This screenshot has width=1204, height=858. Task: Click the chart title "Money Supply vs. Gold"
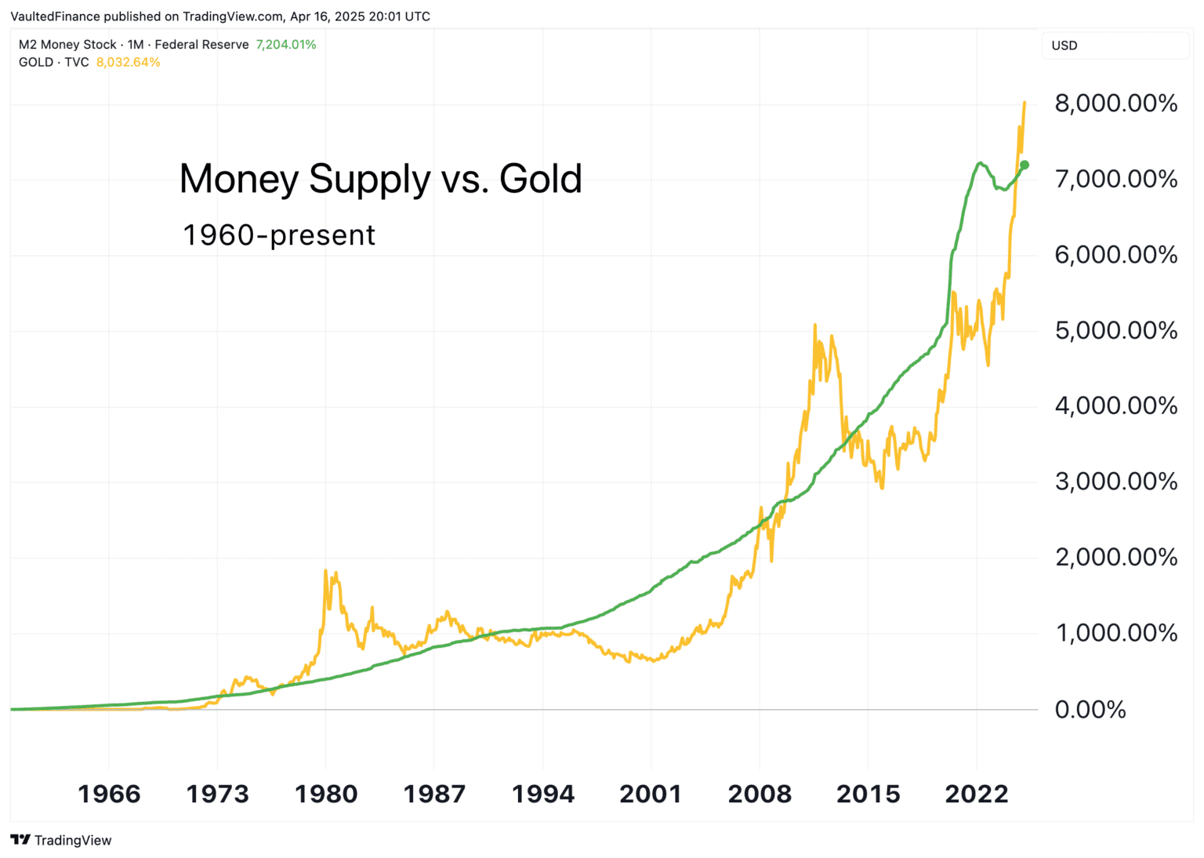380,179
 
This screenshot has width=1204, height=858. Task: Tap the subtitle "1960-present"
279,235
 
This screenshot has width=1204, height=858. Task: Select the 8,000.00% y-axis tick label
1115,104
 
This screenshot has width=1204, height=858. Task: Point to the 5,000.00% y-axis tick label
1115,330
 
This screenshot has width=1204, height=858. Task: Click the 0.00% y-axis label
1090,709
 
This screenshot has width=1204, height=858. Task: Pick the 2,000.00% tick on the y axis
1115,558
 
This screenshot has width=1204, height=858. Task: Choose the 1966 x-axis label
109,794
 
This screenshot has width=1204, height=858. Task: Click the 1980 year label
326,794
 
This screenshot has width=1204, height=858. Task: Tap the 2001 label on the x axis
651,794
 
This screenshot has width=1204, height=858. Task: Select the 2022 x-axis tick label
977,794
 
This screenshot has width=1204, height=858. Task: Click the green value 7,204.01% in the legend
286,45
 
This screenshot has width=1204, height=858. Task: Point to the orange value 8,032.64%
128,63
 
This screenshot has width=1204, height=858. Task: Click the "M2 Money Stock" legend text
67,45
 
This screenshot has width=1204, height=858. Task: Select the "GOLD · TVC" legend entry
54,63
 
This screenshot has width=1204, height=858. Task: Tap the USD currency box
1064,45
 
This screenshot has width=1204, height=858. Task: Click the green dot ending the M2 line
1024,165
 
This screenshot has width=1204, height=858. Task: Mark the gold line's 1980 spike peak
325,571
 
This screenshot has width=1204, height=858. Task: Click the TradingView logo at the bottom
62,840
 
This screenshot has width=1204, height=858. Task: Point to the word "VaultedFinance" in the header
55,16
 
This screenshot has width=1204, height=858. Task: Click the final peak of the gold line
1024,103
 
